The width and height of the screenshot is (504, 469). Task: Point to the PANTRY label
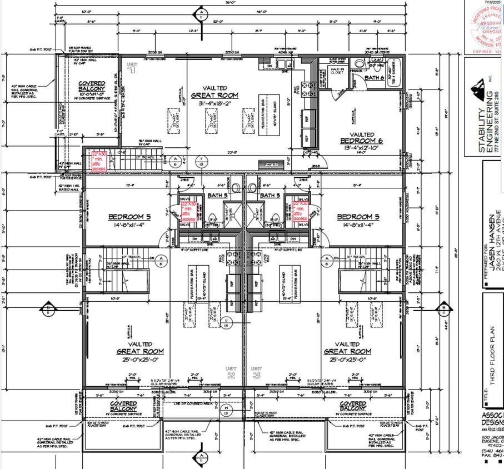pos(271,163)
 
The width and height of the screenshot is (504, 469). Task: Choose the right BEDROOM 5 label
pos(358,216)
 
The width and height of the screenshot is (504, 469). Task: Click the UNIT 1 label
pos(132,67)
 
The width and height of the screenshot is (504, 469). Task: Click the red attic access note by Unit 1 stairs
pos(98,162)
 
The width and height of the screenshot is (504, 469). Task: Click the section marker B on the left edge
pos(48,310)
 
